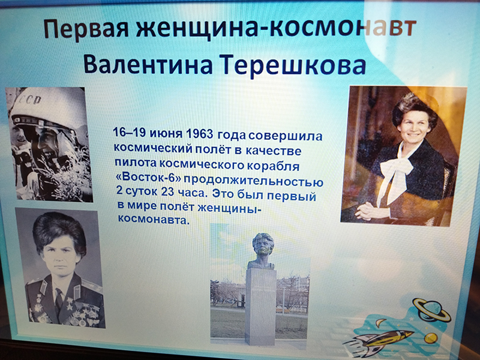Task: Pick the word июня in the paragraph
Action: (x=166, y=133)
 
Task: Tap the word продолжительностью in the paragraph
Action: (x=253, y=181)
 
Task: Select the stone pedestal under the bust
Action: (x=260, y=306)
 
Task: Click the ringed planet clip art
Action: (x=431, y=310)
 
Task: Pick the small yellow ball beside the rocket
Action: (x=430, y=338)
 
